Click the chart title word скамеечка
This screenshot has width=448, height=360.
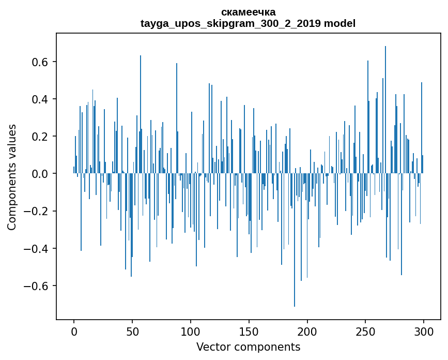tap(248, 12)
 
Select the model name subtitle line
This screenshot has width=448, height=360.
tap(248, 23)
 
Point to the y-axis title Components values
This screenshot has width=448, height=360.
tap(12, 177)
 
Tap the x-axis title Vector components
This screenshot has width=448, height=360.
tap(248, 347)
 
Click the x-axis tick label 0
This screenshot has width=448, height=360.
tap(74, 331)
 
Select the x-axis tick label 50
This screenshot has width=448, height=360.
tap(132, 331)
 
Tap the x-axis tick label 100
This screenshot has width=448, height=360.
tap(191, 331)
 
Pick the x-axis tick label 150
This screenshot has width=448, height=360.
tap(249, 331)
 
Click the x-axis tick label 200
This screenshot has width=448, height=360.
tap(307, 331)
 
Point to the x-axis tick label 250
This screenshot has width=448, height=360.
tap(366, 331)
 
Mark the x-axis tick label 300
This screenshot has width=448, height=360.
tap(424, 331)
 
